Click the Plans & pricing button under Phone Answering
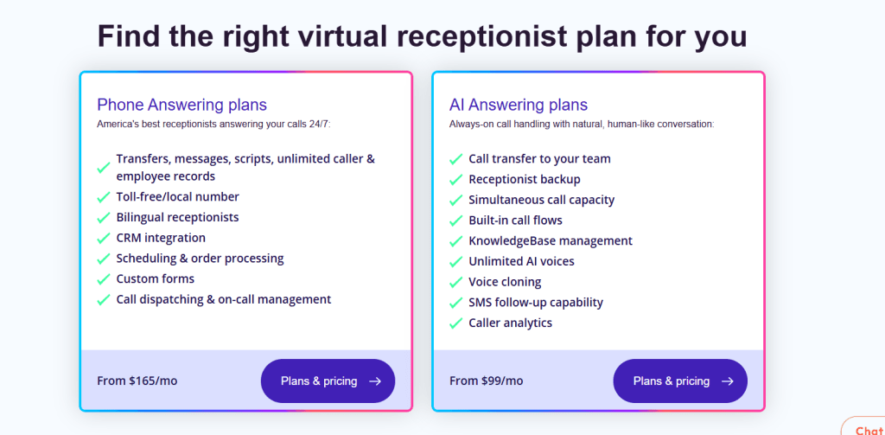328,381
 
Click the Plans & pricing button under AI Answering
680,381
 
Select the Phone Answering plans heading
181,105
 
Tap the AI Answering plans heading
518,105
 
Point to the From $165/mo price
137,381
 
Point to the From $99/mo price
487,381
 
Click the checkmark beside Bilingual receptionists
104,218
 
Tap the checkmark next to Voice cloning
455,283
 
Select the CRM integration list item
161,238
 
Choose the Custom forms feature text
156,278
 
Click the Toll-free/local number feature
178,197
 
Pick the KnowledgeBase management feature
551,241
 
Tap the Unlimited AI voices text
521,261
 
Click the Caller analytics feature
510,323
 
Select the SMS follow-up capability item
536,303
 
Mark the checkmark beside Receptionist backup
455,180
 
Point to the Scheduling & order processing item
200,259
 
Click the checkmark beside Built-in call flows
455,221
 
